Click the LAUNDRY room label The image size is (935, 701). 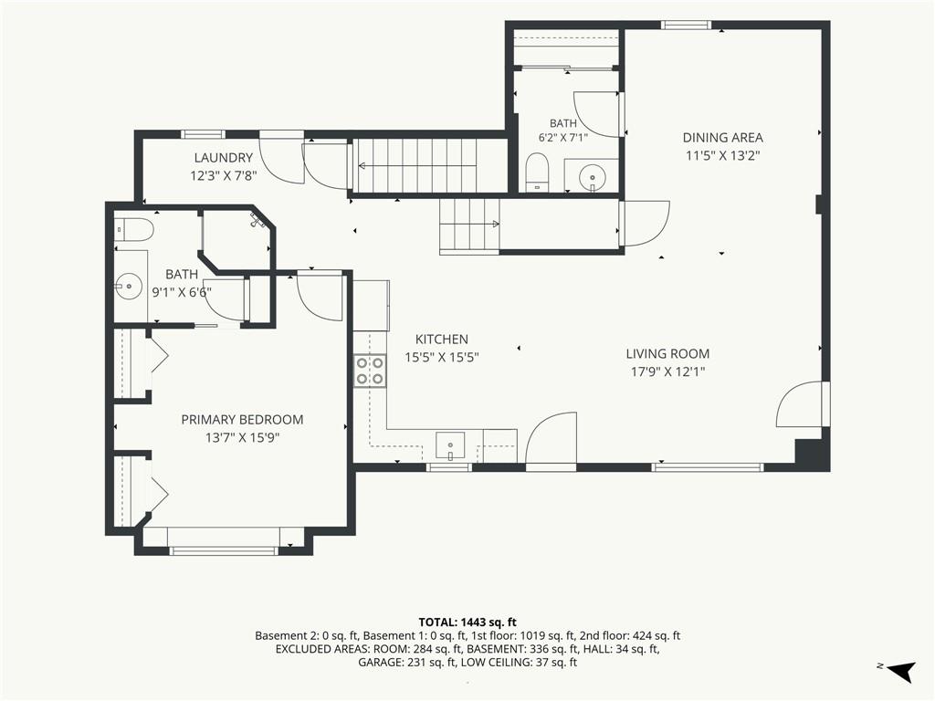[x=224, y=158]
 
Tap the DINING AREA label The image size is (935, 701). [x=723, y=138]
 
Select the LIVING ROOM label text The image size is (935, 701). [x=667, y=354]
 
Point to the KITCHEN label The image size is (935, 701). [x=442, y=340]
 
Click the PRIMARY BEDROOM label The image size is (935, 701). [x=242, y=420]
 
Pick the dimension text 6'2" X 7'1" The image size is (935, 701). [x=562, y=137]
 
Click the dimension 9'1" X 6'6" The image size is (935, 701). [x=182, y=292]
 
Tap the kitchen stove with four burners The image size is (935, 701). [x=370, y=371]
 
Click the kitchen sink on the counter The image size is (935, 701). [x=451, y=445]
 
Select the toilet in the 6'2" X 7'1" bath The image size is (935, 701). [x=538, y=172]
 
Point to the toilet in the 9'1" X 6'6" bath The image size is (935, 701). [x=135, y=229]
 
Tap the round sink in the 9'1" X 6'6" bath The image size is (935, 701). [x=127, y=287]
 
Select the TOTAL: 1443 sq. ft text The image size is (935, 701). [x=467, y=623]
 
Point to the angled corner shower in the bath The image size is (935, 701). [x=238, y=238]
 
